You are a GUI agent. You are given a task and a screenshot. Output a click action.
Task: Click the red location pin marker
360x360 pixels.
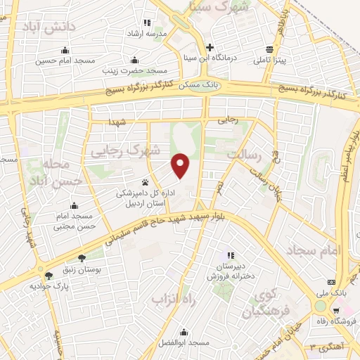[x=181, y=165]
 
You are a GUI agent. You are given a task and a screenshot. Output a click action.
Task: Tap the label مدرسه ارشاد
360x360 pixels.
[x=145, y=34]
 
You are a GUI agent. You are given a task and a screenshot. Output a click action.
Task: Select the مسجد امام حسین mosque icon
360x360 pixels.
[x=65, y=50]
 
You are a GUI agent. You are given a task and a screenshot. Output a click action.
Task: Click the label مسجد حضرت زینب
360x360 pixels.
[x=141, y=72]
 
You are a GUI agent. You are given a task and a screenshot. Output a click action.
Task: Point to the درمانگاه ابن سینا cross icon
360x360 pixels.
[x=210, y=47]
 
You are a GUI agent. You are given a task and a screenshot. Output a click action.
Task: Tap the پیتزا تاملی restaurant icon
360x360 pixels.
[x=270, y=49]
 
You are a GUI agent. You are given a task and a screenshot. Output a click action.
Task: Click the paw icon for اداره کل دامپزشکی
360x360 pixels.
[x=146, y=181]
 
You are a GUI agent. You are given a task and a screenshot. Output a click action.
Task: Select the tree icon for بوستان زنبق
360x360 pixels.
[x=82, y=258]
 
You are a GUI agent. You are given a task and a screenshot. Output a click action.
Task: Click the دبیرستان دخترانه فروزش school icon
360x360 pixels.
[x=230, y=255]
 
